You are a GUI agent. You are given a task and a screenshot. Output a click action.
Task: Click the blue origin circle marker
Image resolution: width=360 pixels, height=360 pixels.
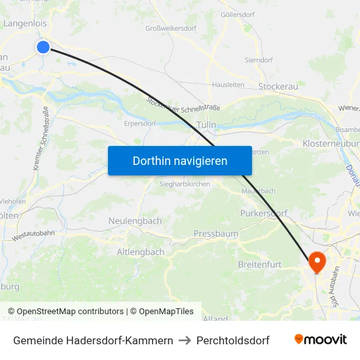(x=43, y=46)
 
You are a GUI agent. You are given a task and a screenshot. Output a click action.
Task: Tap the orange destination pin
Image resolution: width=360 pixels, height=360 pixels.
(x=317, y=262)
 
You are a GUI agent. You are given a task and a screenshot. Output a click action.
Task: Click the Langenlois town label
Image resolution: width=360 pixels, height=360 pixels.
(x=25, y=24)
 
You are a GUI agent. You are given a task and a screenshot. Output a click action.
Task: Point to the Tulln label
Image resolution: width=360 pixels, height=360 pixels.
(x=206, y=124)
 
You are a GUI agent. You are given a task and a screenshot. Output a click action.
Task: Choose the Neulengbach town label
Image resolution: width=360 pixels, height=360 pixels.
(x=135, y=221)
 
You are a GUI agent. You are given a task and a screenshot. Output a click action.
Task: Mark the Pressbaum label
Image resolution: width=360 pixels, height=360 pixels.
(x=215, y=234)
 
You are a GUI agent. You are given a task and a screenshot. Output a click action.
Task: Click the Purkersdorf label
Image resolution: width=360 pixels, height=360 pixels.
(x=264, y=213)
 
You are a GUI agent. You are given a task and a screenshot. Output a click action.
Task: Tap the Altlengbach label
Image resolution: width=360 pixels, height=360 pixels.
(x=140, y=252)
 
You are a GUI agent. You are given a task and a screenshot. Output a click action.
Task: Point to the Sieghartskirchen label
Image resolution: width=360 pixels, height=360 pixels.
(x=185, y=185)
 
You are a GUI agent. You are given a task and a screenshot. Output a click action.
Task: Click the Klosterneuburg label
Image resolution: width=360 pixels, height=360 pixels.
(x=331, y=143)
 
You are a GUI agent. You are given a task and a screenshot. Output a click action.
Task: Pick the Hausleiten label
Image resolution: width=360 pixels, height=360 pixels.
(x=228, y=84)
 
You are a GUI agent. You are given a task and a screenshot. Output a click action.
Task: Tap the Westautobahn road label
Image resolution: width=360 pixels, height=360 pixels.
(x=33, y=237)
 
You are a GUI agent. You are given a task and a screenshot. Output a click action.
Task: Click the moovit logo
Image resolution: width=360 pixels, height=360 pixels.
(x=321, y=340)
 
